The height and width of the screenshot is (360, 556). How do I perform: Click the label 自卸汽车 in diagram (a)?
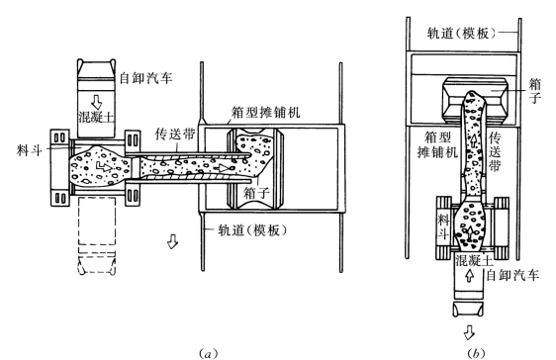[145, 77]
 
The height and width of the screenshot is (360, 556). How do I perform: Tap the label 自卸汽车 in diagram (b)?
[512, 275]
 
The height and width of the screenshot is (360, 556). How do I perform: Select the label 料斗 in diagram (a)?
[29, 150]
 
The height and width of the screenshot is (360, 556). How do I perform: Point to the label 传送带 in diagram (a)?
[175, 134]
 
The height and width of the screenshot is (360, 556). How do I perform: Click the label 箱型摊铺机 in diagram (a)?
[265, 112]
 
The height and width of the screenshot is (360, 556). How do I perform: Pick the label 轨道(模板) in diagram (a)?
[252, 230]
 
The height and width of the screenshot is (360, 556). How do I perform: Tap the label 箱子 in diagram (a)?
[256, 193]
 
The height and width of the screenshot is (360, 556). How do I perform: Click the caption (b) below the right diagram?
[476, 353]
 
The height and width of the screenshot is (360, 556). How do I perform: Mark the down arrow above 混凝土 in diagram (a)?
[96, 102]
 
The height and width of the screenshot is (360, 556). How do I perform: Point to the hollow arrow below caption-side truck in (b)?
[469, 332]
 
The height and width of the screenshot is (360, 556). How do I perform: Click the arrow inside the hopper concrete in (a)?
[104, 165]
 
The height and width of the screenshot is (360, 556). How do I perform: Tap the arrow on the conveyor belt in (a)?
[224, 167]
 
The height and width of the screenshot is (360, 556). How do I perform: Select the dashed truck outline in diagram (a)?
[96, 235]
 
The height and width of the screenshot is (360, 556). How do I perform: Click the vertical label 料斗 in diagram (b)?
[443, 226]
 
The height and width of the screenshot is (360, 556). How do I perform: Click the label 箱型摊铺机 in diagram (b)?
[437, 145]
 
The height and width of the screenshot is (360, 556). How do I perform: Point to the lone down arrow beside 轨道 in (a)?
[173, 241]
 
